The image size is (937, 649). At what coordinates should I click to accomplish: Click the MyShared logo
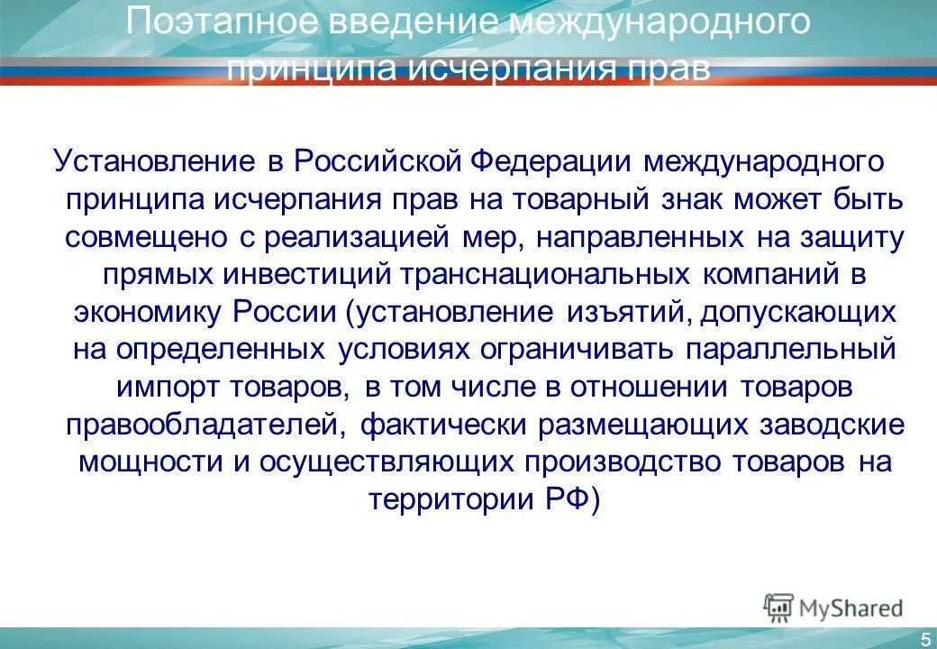click(832, 608)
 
